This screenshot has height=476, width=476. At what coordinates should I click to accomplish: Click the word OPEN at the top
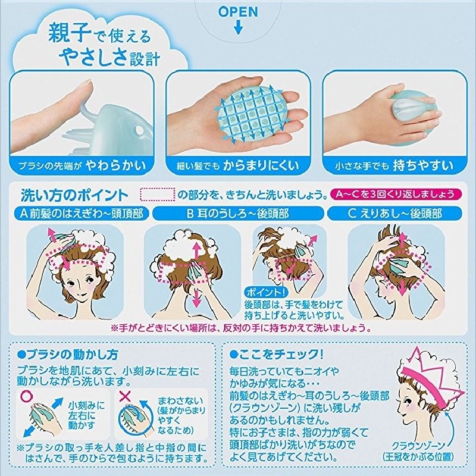pyautogui.click(x=238, y=11)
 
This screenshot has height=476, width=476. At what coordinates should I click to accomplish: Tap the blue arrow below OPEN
pyautogui.click(x=239, y=27)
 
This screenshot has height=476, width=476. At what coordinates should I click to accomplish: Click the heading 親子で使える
pyautogui.click(x=99, y=34)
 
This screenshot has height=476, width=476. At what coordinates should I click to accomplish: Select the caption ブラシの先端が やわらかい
pyautogui.click(x=82, y=165)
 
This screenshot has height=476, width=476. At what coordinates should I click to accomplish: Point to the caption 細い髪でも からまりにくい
pyautogui.click(x=238, y=165)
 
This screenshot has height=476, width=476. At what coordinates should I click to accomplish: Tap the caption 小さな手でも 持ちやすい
pyautogui.click(x=394, y=165)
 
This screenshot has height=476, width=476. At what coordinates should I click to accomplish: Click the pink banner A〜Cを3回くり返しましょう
pyautogui.click(x=396, y=194)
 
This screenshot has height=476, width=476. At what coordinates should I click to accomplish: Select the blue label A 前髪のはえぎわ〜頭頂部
pyautogui.click(x=82, y=214)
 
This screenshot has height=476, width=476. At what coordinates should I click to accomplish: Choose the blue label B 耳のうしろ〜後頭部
pyautogui.click(x=238, y=214)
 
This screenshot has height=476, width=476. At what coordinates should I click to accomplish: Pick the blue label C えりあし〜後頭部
pyautogui.click(x=394, y=214)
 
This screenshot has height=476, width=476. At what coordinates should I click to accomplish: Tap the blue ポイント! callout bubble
pyautogui.click(x=266, y=292)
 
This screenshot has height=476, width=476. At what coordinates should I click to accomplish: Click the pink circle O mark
pyautogui.click(x=26, y=396)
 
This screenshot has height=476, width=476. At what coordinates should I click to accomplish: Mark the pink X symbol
pyautogui.click(x=124, y=396)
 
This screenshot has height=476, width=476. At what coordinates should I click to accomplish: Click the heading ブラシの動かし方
pyautogui.click(x=68, y=354)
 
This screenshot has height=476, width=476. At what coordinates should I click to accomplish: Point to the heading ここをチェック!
pyautogui.click(x=276, y=354)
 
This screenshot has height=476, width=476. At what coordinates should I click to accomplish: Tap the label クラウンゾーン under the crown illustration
pyautogui.click(x=418, y=446)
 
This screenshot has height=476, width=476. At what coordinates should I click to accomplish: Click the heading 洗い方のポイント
pyautogui.click(x=74, y=195)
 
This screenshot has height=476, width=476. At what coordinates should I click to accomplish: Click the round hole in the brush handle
pyautogui.click(x=140, y=130)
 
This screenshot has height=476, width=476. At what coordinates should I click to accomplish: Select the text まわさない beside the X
pyautogui.click(x=180, y=400)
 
